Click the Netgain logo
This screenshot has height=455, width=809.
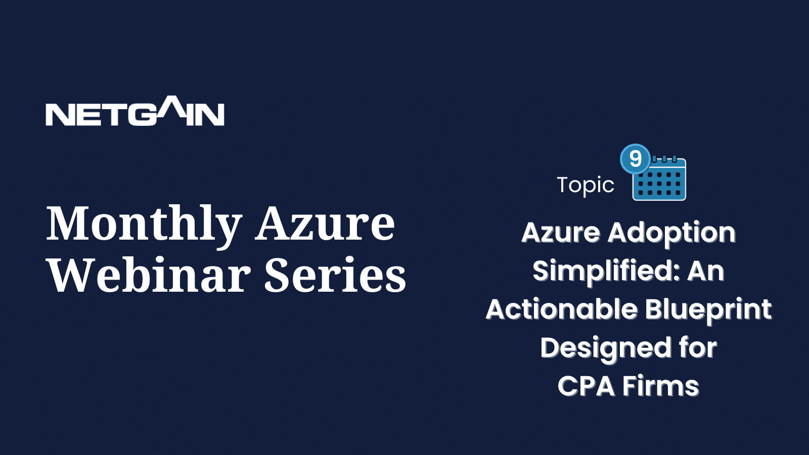(134, 111)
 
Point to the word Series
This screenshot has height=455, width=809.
(336, 275)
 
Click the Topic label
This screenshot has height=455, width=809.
(586, 186)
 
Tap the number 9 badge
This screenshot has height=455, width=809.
(635, 159)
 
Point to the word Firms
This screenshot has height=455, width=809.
(660, 386)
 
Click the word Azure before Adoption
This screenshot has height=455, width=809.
(561, 233)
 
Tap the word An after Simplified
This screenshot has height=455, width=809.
(706, 271)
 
